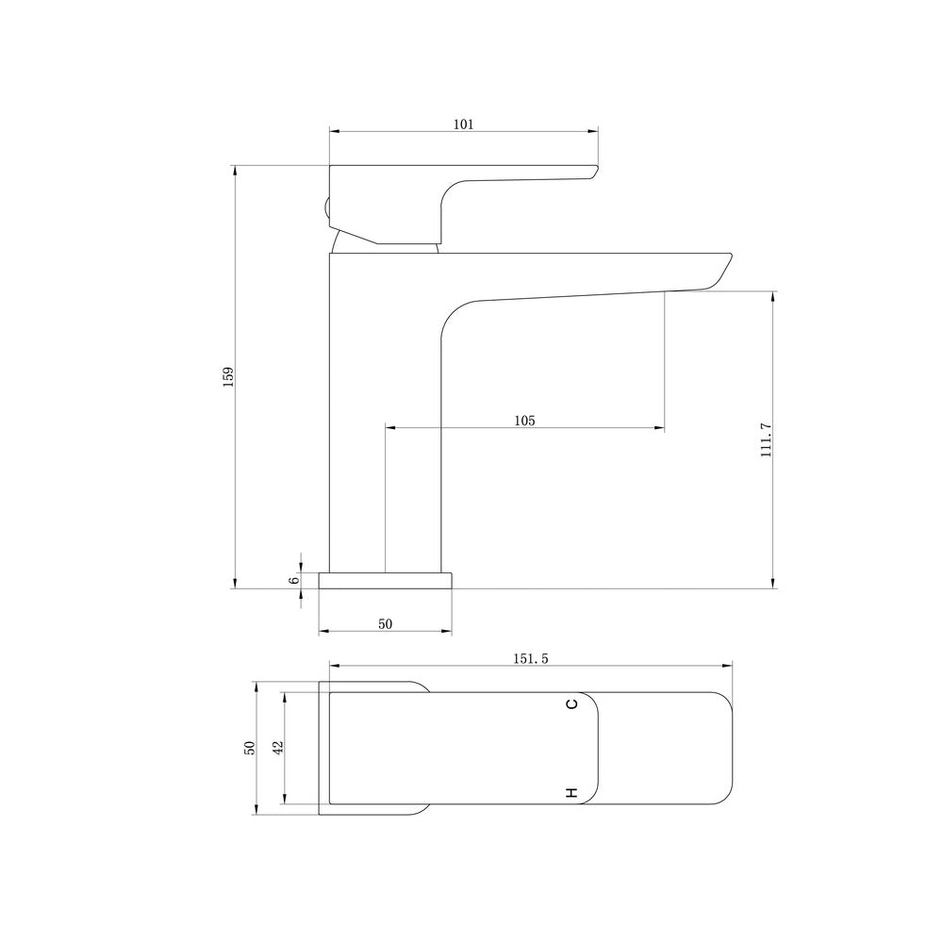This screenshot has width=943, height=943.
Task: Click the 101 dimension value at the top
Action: tap(463, 124)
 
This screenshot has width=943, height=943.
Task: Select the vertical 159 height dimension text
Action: tap(227, 377)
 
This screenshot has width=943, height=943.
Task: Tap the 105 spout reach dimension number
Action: tap(525, 421)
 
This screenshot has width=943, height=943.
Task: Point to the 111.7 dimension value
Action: tap(766, 440)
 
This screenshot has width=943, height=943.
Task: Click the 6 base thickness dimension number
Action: tap(294, 579)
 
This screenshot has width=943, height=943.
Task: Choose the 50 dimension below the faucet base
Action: tap(385, 623)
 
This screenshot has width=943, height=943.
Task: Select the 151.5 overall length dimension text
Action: tap(531, 658)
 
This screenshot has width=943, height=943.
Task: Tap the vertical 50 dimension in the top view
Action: tap(250, 747)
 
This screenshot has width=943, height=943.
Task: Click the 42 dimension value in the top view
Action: tap(278, 747)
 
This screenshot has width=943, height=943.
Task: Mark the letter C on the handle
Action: tap(571, 704)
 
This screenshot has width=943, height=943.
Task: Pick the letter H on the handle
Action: tap(571, 792)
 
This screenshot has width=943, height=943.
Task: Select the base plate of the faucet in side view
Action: tap(385, 580)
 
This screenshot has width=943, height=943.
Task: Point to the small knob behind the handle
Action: tap(325, 209)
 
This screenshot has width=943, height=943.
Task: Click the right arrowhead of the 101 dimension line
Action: tap(595, 132)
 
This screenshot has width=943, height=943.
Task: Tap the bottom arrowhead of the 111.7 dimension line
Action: tap(773, 584)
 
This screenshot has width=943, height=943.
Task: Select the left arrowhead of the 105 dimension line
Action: tap(389, 428)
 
